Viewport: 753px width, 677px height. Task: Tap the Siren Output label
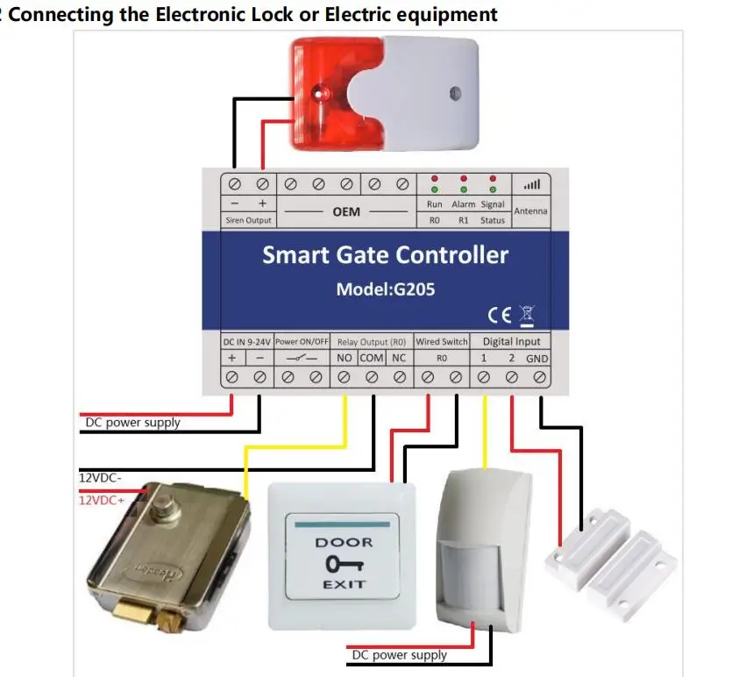248,220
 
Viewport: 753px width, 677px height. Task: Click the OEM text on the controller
346,211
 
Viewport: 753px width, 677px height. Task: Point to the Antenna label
530,211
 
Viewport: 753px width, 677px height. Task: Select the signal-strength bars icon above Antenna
532,184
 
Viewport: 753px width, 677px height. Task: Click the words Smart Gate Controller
385,254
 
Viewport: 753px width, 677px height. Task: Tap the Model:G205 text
385,289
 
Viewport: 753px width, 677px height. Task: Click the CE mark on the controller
500,315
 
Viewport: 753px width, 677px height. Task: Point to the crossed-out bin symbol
527,316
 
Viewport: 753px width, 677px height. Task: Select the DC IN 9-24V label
247,342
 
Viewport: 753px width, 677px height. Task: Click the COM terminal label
372,358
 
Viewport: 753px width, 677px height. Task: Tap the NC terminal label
399,358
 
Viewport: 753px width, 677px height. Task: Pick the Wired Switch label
441,342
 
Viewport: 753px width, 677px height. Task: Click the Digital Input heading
511,342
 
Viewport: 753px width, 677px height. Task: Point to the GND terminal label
536,359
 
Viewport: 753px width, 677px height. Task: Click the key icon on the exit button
345,564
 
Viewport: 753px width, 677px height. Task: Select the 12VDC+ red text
102,501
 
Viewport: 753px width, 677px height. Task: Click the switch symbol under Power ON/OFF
302,358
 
